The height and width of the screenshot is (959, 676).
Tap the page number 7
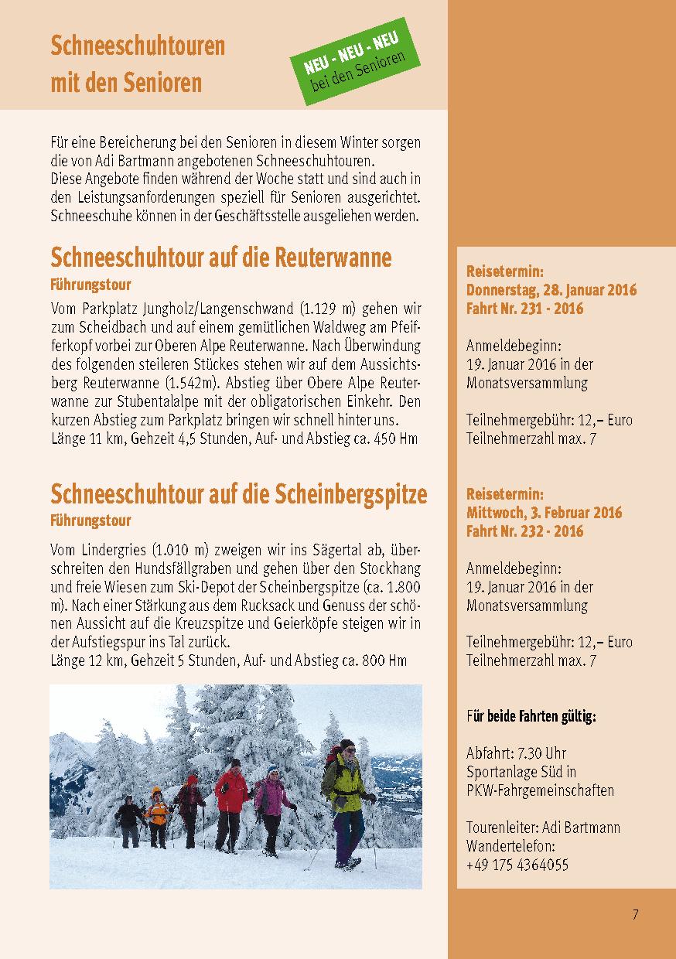[635, 915]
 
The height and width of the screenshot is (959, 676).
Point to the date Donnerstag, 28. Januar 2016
[551, 291]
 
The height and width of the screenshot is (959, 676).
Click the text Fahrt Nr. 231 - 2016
[524, 309]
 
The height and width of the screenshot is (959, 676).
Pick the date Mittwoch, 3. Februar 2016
[544, 513]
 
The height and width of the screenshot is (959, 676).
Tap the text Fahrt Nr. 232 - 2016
[524, 531]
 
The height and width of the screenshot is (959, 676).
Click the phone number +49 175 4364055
[517, 865]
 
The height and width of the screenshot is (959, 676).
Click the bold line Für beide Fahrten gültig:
[531, 717]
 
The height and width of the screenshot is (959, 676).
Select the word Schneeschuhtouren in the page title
[138, 47]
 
